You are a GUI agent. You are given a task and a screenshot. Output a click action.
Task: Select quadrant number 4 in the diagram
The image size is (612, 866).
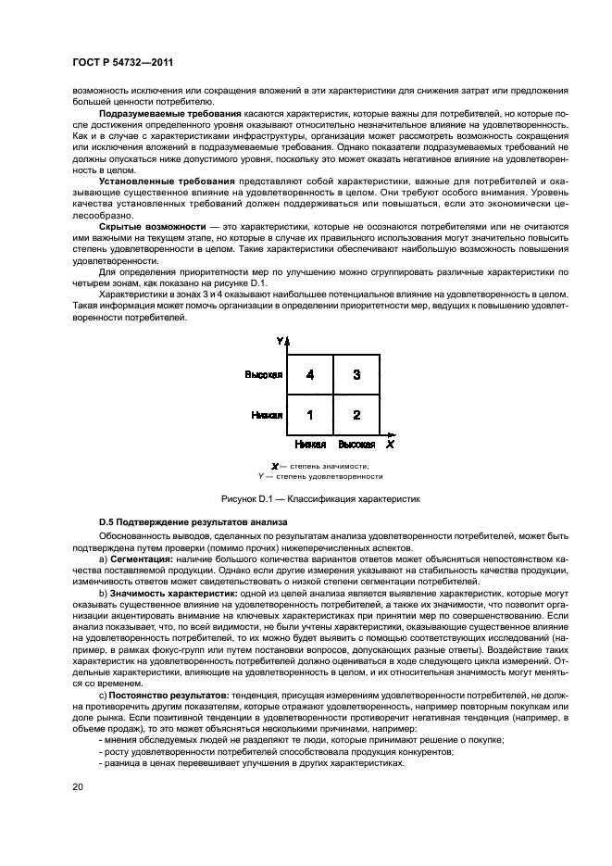[x=310, y=375]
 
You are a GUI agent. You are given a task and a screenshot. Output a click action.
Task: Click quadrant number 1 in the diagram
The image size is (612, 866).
[x=310, y=415]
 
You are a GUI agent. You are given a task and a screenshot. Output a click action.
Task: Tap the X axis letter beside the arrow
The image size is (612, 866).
[x=390, y=445]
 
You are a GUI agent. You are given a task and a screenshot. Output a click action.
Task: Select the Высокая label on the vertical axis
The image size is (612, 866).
[x=264, y=375]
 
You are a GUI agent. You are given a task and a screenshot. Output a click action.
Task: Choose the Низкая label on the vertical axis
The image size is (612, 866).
[x=267, y=416]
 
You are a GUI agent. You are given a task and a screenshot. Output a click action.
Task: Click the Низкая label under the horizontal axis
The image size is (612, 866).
[x=311, y=446]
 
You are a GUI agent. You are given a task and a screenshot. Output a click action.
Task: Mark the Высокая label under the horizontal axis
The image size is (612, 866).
[x=356, y=446]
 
